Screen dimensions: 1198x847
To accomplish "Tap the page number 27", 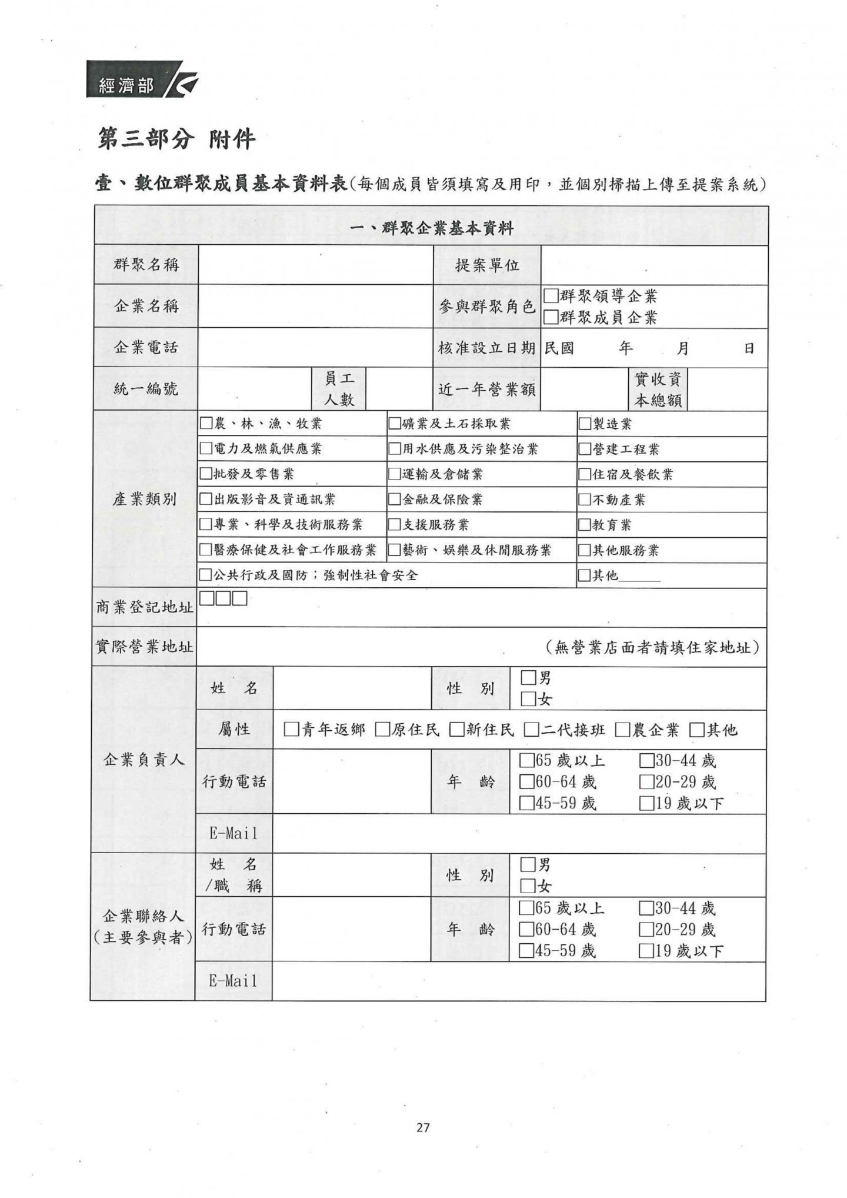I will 423,1127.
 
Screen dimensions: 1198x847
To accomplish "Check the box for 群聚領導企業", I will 551,295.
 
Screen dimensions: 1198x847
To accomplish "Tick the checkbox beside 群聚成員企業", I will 551,317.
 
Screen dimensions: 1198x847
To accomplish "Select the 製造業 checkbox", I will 585,424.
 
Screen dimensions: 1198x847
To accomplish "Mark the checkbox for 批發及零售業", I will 206,474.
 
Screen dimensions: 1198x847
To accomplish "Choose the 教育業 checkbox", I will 585,525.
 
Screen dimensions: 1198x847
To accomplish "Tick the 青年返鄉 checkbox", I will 291,730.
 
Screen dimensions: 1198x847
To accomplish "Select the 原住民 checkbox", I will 383,730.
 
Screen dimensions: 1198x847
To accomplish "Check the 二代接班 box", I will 532,730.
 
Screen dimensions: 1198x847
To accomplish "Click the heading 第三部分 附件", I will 176,139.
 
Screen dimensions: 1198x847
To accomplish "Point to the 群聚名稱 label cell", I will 146,265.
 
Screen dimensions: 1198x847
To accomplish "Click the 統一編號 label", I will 146,389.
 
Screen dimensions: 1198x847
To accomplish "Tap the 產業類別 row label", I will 145,500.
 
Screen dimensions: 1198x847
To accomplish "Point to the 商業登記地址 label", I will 145,607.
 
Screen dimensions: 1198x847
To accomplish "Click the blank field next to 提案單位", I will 654,265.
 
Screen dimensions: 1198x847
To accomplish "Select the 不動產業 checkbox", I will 585,500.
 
